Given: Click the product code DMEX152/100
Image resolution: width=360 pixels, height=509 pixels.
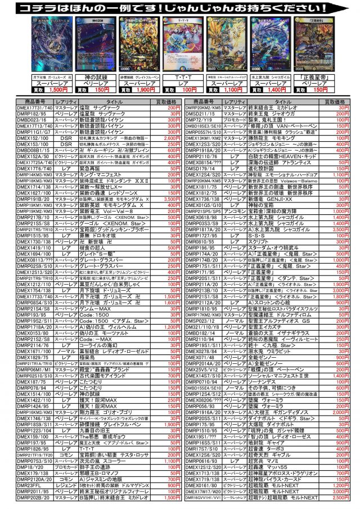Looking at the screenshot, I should [35, 138].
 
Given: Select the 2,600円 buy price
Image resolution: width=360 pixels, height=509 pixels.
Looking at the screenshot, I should [169, 138].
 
